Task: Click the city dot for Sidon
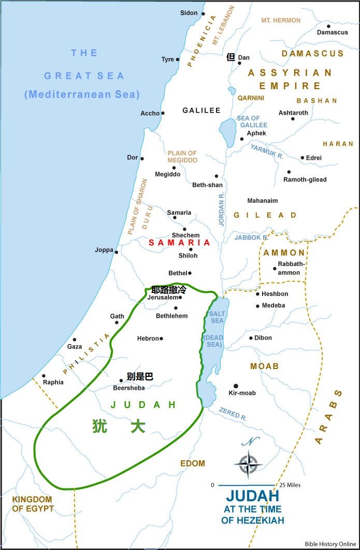(203, 14)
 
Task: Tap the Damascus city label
(333, 32)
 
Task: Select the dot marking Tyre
(178, 60)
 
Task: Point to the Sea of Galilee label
(252, 121)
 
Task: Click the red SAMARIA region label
(179, 243)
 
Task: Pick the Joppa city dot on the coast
(117, 252)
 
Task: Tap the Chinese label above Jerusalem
(168, 290)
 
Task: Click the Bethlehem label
(171, 316)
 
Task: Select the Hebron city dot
(162, 339)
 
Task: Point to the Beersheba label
(128, 387)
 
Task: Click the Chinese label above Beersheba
(140, 377)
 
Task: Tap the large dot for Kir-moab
(236, 386)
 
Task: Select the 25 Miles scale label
(290, 485)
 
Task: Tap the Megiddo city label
(168, 174)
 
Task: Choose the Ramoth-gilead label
(305, 179)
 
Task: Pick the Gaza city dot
(75, 340)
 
